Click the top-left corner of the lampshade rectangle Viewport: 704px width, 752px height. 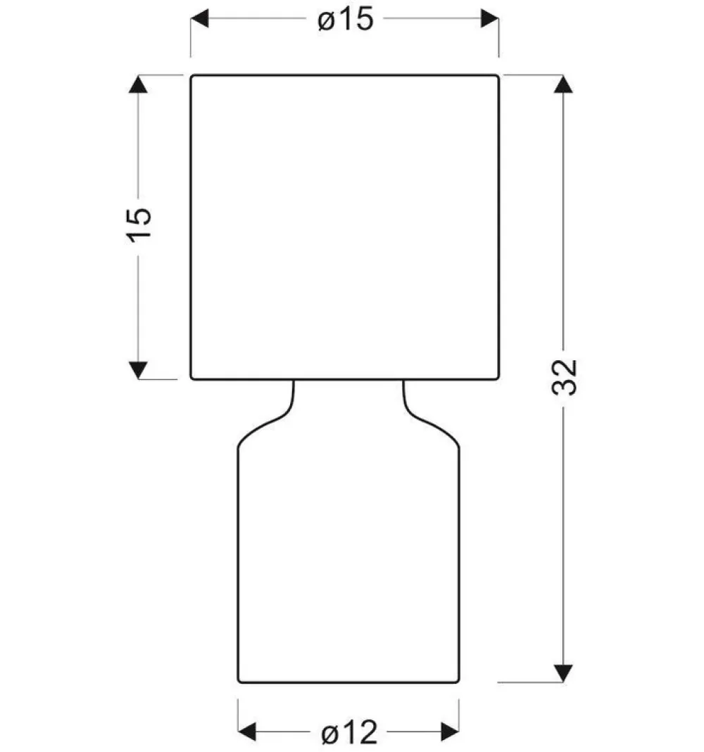coord(191,75)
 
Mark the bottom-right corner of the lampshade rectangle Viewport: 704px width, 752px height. coord(498,379)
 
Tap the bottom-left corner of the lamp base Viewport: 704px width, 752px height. coord(239,682)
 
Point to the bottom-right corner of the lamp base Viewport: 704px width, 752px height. coord(459,682)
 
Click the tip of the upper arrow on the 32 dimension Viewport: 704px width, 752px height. coord(563,76)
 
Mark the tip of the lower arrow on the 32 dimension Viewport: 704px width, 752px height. coord(563,682)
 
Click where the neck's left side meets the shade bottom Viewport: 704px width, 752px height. coord(293,381)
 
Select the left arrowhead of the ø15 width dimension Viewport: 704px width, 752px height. coord(200,19)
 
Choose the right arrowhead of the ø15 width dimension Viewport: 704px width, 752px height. coord(490,19)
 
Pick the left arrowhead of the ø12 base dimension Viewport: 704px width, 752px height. coord(247,732)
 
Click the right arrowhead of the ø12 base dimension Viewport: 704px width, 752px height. coord(450,732)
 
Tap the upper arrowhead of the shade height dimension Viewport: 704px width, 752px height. coord(138,84)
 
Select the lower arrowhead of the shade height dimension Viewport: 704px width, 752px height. coord(138,370)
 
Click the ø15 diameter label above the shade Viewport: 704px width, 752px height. coord(346,20)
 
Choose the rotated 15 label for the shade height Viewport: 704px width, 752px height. coord(139,225)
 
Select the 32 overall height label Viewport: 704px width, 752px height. coord(565,377)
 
